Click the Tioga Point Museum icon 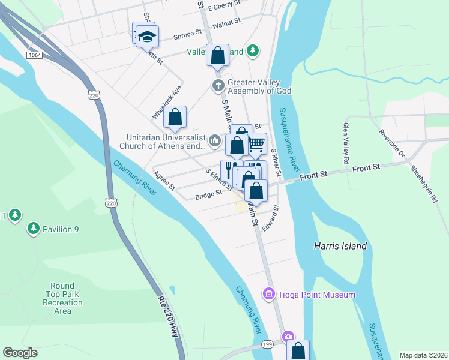pos(268,295)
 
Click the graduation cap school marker pos(146,36)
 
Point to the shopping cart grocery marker pos(257,143)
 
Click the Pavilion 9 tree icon pos(32,229)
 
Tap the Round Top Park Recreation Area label pos(62,298)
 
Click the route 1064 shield pos(34,55)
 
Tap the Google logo pos(20,353)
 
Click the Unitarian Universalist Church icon pos(215,142)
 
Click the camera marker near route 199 pos(289,337)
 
